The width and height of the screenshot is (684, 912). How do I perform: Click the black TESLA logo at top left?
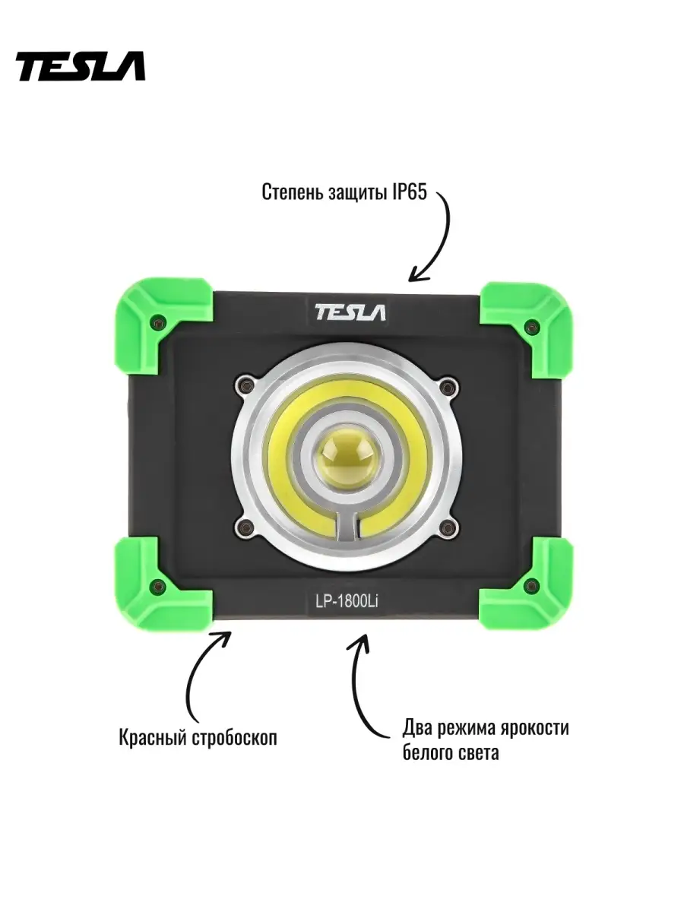pyautogui.click(x=81, y=66)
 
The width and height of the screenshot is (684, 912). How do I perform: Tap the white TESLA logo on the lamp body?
pyautogui.click(x=350, y=312)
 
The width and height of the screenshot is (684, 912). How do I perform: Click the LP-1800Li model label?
pyautogui.click(x=347, y=603)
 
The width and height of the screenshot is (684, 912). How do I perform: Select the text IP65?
pyautogui.click(x=409, y=193)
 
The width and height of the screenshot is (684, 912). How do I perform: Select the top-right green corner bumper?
pyautogui.click(x=527, y=331)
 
